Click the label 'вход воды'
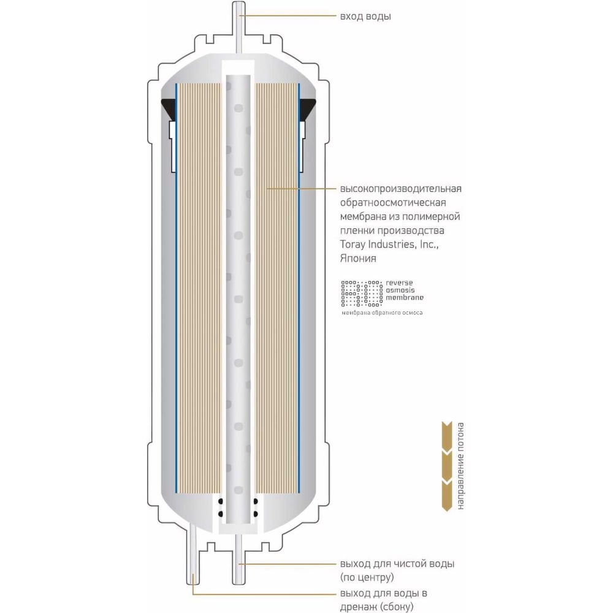pos(365,17)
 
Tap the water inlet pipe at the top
pos(239,25)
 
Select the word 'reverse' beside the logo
pos(400,284)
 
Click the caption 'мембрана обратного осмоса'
pos(382,313)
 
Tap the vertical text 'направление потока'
pos(460,466)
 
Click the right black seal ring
pos(308,109)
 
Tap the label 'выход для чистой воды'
pos(397,563)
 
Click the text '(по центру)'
pos(366,577)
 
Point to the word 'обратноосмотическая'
pos(392,202)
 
